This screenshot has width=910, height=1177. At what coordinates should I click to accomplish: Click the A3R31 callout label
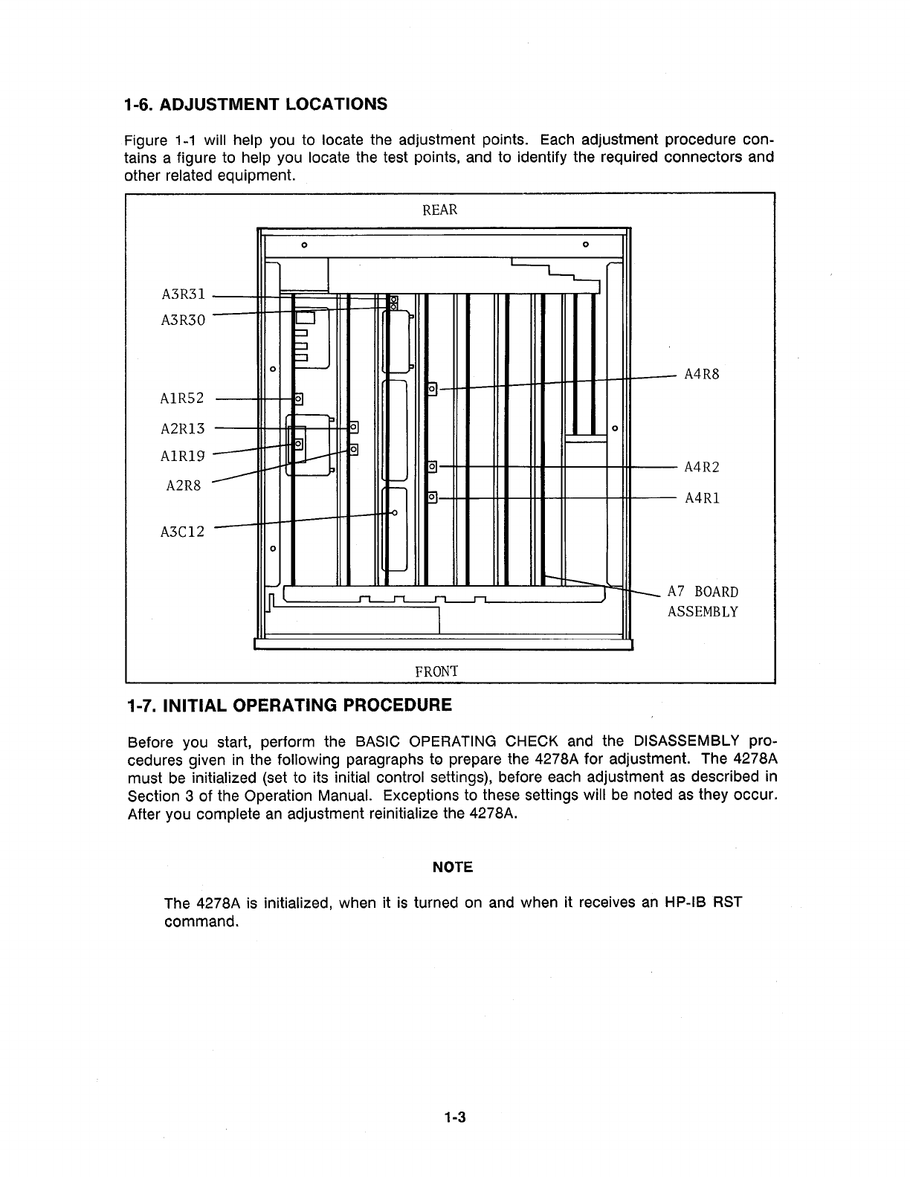click(182, 294)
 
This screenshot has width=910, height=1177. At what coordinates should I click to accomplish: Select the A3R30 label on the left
click(182, 320)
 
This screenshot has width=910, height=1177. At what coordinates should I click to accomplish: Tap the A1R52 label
click(182, 399)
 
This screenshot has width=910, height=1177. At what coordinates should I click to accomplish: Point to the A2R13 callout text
click(182, 428)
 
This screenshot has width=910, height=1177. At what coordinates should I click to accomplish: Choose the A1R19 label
click(182, 457)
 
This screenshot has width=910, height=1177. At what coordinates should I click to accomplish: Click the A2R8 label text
click(184, 486)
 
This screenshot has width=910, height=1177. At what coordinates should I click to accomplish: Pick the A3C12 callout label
click(182, 532)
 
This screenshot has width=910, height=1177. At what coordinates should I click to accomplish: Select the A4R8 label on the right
click(702, 375)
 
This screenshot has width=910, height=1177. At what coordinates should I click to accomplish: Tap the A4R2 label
click(702, 468)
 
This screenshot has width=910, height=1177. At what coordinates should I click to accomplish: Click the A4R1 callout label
click(702, 498)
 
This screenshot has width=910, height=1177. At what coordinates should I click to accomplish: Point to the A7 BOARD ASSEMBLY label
click(703, 602)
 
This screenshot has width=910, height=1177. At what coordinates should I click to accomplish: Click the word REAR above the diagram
click(440, 210)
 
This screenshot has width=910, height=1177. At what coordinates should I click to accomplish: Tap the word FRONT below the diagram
click(436, 671)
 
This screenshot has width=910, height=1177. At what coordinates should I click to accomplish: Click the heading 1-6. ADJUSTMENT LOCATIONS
click(256, 103)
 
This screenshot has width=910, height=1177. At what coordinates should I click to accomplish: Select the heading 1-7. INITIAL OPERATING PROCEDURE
click(289, 704)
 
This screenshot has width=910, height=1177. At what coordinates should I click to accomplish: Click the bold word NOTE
click(453, 867)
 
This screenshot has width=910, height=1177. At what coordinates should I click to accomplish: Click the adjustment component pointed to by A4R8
click(432, 388)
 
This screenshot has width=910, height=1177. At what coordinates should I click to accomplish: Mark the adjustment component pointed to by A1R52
click(299, 399)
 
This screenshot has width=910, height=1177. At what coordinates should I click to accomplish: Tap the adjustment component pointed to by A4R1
click(432, 497)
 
